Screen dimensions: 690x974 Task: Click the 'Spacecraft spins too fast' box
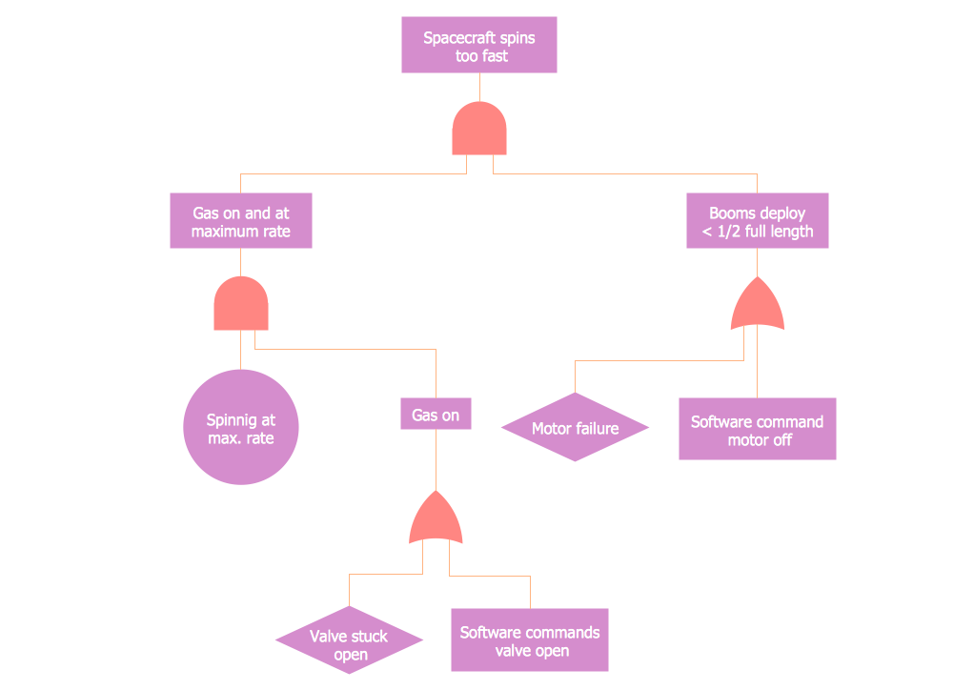478,46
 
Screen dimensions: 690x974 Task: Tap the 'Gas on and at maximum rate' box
240,221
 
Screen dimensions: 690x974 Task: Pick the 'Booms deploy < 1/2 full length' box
757,221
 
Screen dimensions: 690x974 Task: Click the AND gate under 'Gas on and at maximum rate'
240,304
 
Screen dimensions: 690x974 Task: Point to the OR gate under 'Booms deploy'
758,305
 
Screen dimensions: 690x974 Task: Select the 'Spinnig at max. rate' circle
240,427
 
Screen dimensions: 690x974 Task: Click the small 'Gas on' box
436,415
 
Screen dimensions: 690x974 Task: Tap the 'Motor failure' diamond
575,428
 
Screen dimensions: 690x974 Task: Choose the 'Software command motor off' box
757,430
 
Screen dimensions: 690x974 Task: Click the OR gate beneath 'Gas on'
436,519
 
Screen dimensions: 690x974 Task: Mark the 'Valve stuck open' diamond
349,640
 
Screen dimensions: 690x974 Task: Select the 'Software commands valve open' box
530,641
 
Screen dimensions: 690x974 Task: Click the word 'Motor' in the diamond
553,429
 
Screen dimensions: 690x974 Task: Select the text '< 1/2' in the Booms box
721,232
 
